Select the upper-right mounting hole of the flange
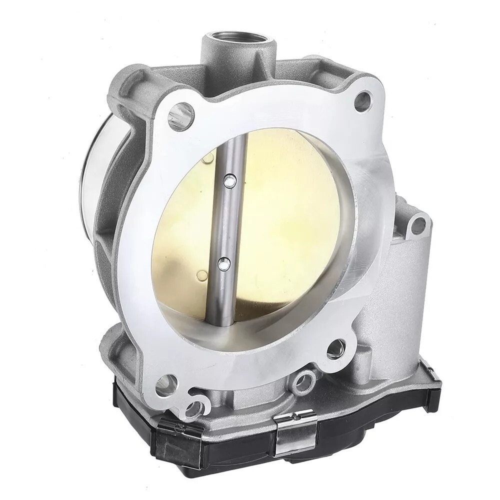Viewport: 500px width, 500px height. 362,101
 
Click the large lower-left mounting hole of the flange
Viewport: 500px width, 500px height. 166,384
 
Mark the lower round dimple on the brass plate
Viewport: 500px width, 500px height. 201,274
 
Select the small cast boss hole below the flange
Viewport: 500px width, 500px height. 303,383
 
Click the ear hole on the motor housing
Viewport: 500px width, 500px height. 417,225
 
